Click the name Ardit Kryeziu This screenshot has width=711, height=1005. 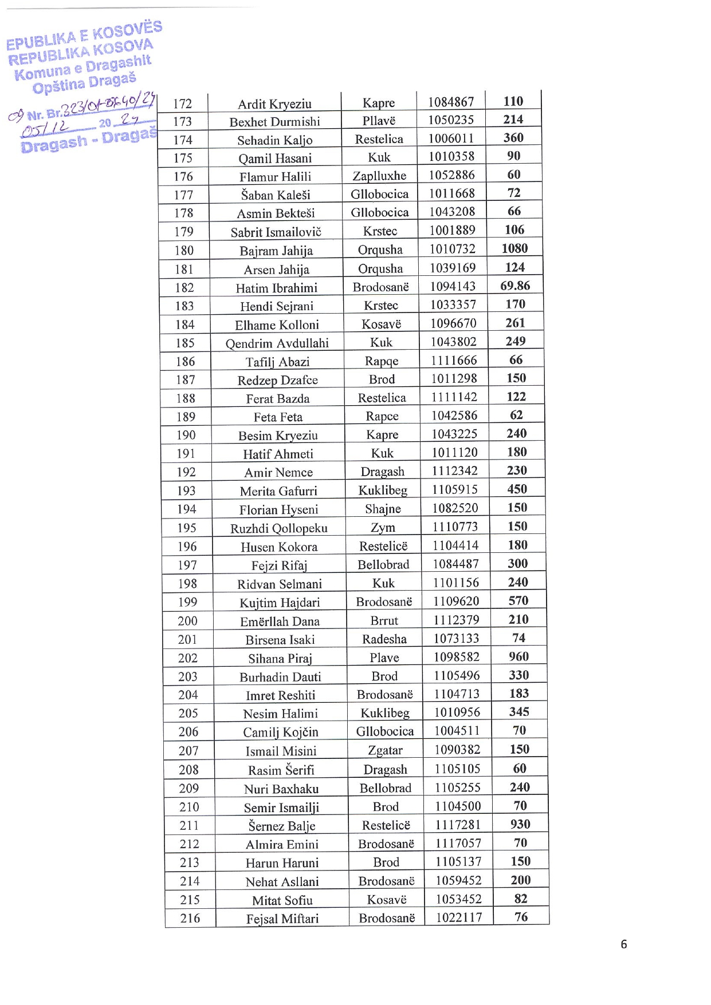click(x=274, y=104)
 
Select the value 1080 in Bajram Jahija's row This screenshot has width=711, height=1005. click(x=514, y=248)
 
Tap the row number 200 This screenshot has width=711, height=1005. click(x=187, y=621)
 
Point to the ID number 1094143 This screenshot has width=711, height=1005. click(x=453, y=286)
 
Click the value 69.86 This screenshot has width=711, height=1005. click(x=515, y=286)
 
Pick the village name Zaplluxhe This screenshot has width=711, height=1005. click(x=379, y=176)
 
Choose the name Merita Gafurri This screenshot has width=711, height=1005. click(x=278, y=491)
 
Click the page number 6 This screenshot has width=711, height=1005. click(x=624, y=944)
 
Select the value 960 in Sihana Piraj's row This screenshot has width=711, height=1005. click(x=519, y=656)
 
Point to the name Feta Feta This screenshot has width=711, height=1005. click(x=278, y=417)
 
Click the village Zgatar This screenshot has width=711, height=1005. click(x=385, y=750)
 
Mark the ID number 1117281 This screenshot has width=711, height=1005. click(x=458, y=825)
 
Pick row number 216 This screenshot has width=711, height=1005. click(x=190, y=919)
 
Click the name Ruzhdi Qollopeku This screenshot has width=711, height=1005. click(x=279, y=528)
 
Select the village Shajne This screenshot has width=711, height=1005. click(x=383, y=509)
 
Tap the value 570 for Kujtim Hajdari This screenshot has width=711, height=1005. click(x=518, y=600)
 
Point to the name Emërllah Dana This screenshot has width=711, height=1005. click(x=280, y=622)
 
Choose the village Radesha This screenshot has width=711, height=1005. click(x=384, y=639)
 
